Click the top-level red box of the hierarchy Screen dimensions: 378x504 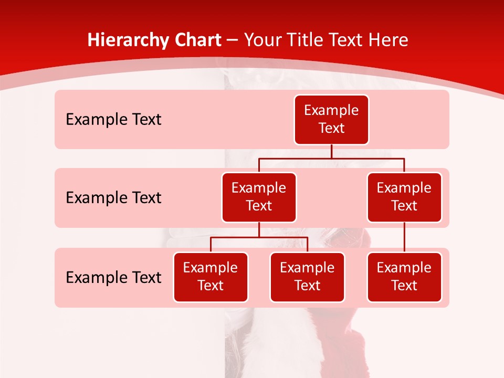331,119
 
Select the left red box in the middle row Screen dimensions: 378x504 259,197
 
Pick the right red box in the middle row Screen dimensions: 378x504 404,197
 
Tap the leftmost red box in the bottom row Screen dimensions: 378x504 211,277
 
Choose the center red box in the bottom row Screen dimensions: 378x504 307,277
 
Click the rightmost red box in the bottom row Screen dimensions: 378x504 404,277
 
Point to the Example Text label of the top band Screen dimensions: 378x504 113,120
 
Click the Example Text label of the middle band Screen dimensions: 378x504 113,198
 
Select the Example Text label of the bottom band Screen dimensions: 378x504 113,277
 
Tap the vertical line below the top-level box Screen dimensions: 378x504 331,151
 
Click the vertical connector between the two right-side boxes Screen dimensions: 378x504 404,237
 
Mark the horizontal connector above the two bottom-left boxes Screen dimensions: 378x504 236,237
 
